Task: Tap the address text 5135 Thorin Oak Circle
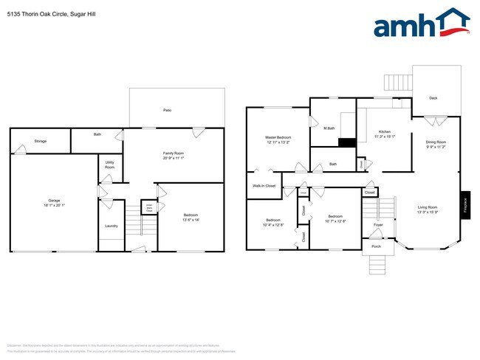37,14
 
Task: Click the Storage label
40,140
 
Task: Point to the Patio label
168,110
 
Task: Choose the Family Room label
173,153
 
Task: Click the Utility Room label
109,165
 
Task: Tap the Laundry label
112,226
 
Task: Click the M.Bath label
329,129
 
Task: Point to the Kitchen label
385,131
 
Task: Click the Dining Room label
436,142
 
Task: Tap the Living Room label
427,207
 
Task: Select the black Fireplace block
464,204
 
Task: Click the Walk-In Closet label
264,186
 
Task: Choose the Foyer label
378,224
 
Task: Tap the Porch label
376,246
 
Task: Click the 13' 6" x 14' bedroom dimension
191,220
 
